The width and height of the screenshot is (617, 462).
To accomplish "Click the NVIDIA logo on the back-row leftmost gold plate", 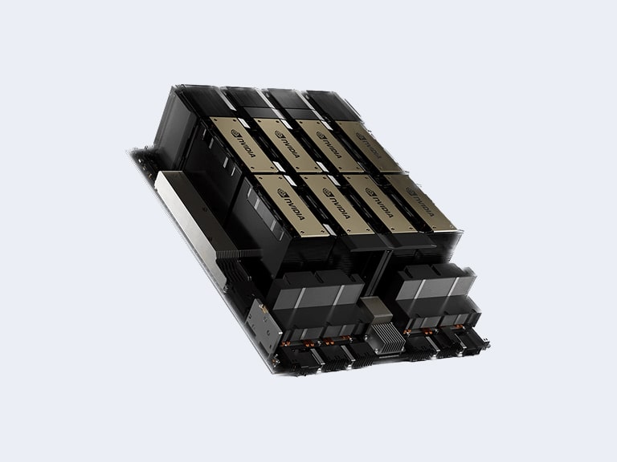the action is click(243, 144).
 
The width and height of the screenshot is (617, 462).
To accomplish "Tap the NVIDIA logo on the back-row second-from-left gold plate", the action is click(288, 144).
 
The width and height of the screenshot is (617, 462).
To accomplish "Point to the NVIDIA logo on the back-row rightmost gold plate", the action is click(369, 146).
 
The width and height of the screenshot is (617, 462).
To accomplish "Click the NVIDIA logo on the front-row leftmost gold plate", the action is click(291, 205).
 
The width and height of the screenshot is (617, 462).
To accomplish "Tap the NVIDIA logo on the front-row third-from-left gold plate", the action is click(379, 203).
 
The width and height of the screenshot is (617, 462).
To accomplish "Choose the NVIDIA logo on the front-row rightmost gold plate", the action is click(420, 202).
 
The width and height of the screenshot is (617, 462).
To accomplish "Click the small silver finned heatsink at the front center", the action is click(387, 338).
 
